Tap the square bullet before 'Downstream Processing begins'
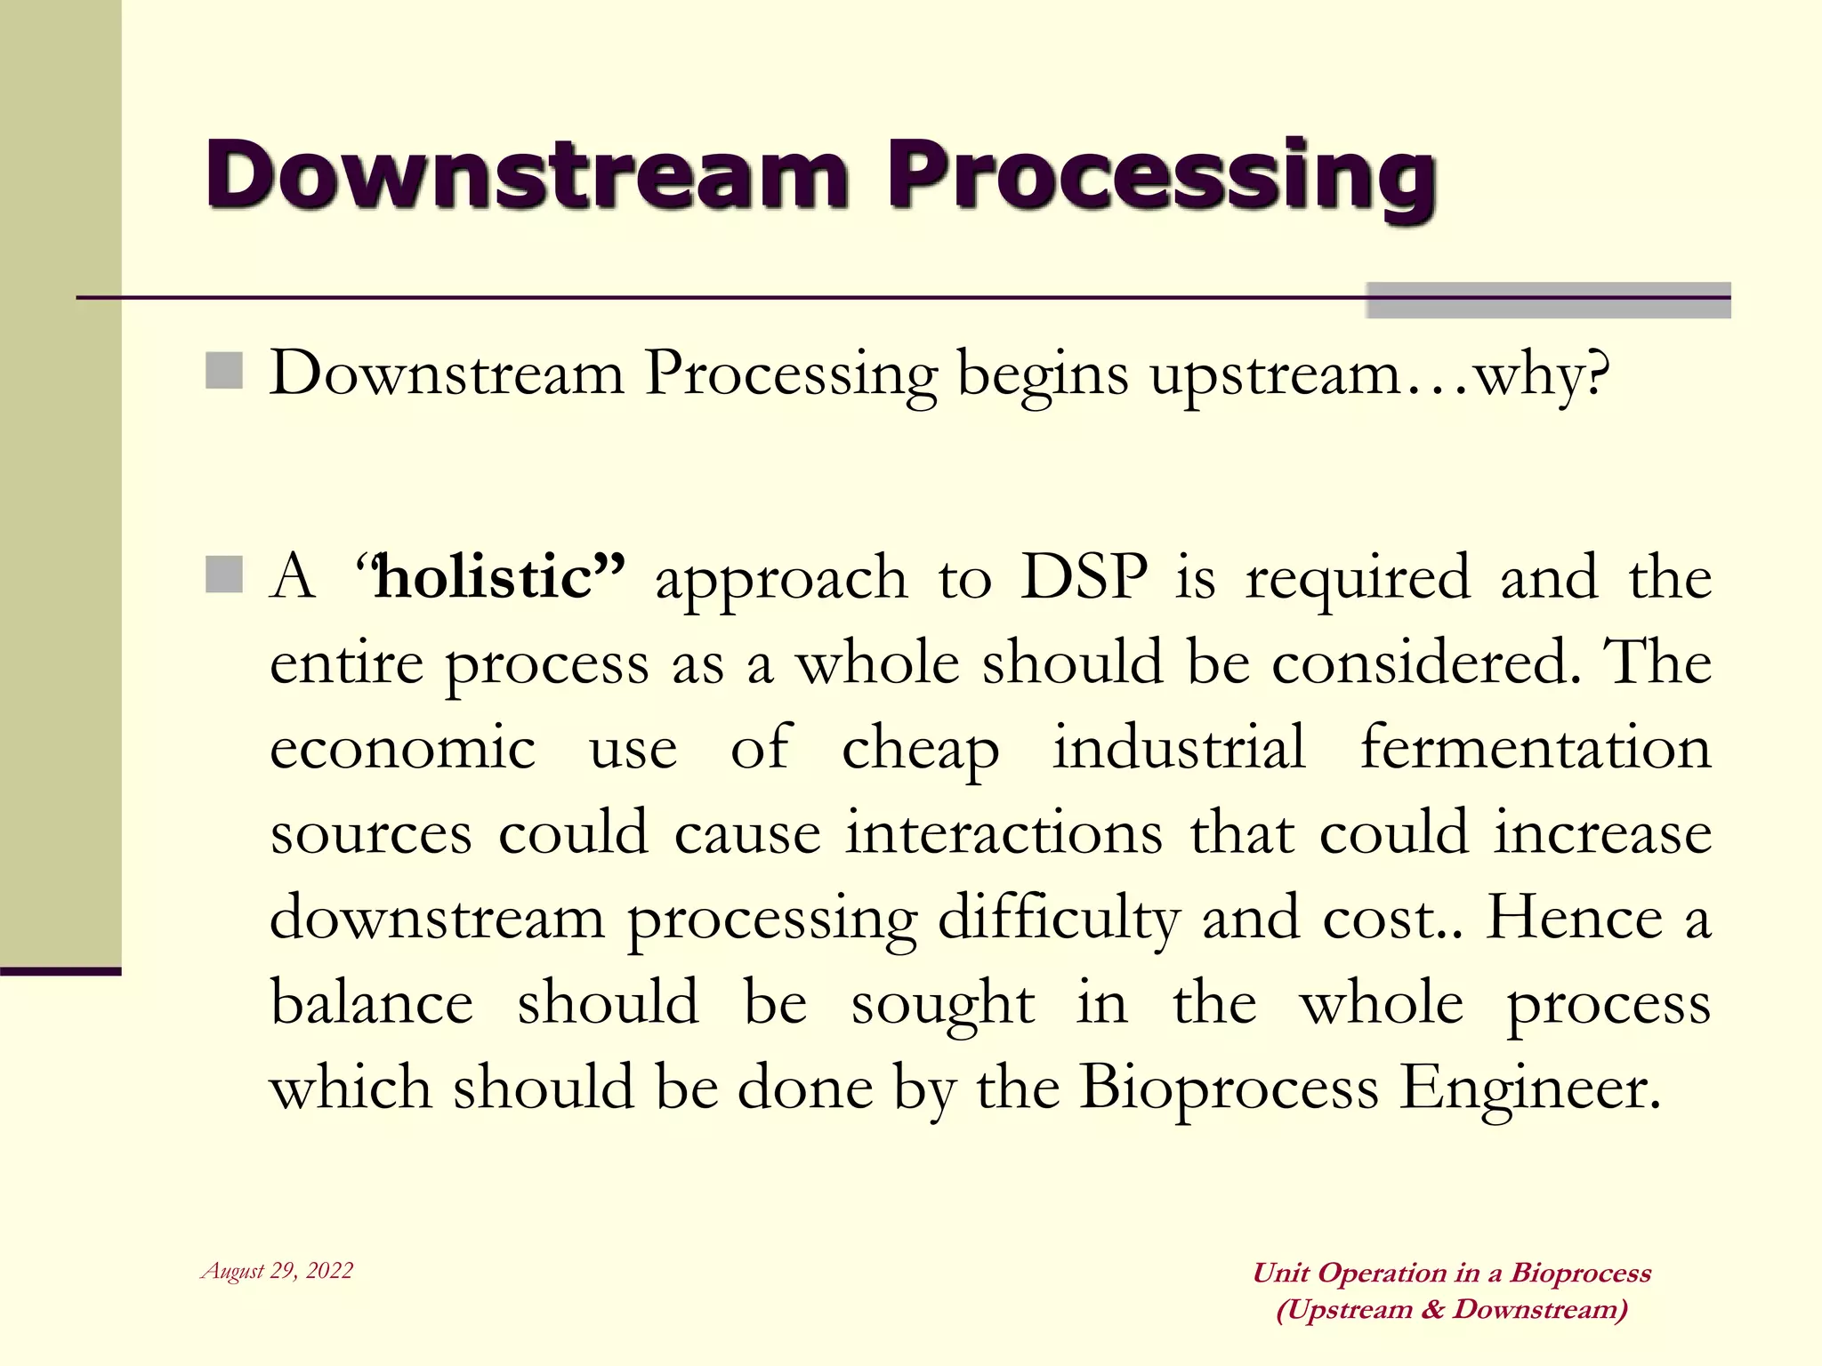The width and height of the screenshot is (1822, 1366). coord(224,371)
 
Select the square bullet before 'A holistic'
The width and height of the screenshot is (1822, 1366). coord(224,575)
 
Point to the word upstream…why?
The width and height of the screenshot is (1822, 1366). coord(1380,374)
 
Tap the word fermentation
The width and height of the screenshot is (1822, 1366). coord(1536,747)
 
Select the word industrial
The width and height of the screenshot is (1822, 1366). coord(1180,747)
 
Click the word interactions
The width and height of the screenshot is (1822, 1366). coord(1004,833)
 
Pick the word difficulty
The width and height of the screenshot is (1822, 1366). coord(1058,919)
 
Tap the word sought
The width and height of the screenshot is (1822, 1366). coord(943,1005)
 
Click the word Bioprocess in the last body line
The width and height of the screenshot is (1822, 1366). coord(1229,1089)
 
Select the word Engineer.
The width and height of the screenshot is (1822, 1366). coord(1529,1089)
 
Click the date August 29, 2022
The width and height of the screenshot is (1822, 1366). coord(278,1271)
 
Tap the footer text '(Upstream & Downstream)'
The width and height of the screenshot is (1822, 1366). coord(1451,1309)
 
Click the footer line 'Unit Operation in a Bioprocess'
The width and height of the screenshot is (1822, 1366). coord(1451,1273)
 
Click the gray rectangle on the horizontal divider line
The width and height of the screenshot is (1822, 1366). coord(1547,301)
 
